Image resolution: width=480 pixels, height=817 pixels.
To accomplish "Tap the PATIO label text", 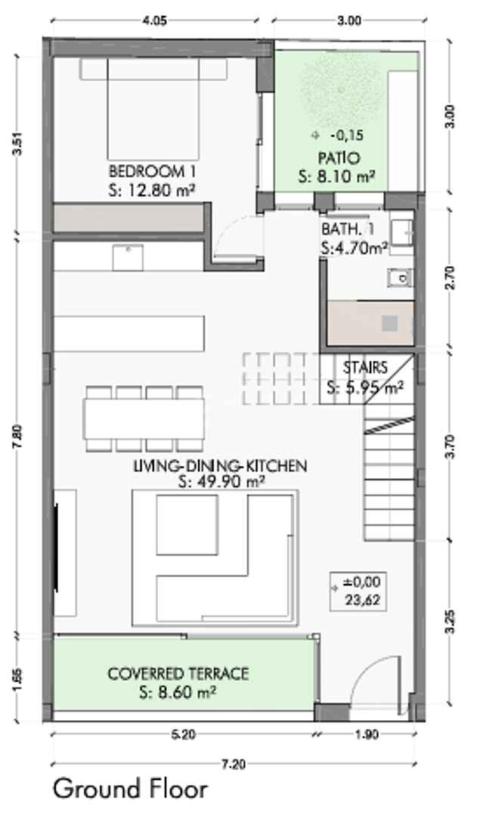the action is click(339, 158).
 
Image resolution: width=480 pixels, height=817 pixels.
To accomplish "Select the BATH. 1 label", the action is click(348, 228).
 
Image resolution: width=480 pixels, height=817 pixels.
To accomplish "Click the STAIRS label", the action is click(365, 368).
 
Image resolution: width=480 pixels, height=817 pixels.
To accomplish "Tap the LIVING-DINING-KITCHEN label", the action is click(220, 465).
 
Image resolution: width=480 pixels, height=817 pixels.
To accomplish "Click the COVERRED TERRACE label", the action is click(178, 674).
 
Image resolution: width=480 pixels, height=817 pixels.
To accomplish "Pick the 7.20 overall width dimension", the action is click(234, 764).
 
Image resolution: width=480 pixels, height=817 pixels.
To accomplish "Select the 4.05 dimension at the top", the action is click(155, 21).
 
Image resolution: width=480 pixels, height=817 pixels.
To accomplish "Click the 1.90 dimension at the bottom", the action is click(367, 735).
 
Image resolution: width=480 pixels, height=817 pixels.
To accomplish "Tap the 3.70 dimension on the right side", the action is click(451, 446).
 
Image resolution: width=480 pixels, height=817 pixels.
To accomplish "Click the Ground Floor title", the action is click(130, 789).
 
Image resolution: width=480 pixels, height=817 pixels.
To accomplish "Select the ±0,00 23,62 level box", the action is click(358, 592).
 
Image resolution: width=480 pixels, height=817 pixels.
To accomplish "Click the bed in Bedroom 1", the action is click(153, 109).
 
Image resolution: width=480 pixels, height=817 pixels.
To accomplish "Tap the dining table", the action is click(144, 419).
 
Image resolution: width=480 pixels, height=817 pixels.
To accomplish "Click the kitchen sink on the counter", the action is click(128, 257).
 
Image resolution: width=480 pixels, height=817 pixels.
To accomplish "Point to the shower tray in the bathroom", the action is click(370, 322).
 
